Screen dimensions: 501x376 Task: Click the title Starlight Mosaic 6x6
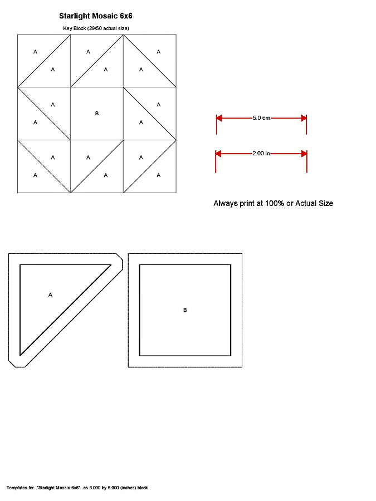(x=95, y=16)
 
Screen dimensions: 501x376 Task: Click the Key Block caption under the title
(x=96, y=28)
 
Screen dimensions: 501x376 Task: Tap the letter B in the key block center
(x=97, y=114)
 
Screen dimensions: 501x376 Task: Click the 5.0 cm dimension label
(x=261, y=118)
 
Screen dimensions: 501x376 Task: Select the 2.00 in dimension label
(x=261, y=153)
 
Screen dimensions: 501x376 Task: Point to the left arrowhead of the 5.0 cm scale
(x=219, y=118)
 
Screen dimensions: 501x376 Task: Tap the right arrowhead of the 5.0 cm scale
(x=304, y=118)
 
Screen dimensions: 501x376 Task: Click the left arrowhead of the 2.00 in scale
(x=219, y=153)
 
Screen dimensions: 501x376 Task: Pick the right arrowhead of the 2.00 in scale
(x=304, y=153)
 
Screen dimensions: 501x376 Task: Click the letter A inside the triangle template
(x=51, y=294)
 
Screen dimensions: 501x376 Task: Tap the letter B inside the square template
(x=185, y=310)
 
